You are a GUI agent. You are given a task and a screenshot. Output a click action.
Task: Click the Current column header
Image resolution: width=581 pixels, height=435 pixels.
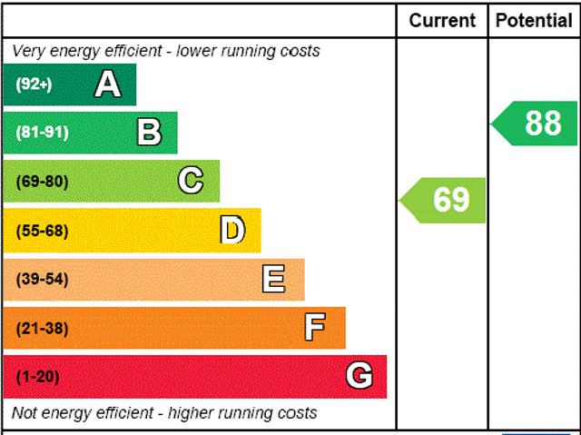coord(442,20)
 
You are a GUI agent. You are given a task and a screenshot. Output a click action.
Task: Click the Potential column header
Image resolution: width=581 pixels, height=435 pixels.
coord(534,20)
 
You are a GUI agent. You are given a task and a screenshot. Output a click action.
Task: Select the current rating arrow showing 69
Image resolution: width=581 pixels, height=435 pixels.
coord(445,200)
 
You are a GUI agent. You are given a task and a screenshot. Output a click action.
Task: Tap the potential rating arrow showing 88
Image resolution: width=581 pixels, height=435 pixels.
coord(537,123)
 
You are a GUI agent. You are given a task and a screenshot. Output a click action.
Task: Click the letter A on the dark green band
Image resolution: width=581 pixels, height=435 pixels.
coord(107,84)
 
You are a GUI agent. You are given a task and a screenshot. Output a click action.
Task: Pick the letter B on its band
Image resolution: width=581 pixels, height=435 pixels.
coord(149,133)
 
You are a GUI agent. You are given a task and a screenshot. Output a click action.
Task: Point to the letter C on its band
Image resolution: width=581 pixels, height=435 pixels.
coord(191,181)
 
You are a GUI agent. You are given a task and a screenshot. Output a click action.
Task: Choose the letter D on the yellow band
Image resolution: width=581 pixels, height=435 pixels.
coord(232,231)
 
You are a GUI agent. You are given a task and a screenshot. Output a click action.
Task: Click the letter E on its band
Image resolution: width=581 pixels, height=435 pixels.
coord(273,279)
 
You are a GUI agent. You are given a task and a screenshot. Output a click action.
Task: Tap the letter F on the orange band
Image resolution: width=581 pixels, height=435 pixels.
coord(315,327)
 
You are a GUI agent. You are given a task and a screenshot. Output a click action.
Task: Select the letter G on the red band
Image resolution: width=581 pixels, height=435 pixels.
coord(359,376)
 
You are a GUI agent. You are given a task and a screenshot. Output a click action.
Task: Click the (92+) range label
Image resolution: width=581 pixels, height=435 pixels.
coord(34,84)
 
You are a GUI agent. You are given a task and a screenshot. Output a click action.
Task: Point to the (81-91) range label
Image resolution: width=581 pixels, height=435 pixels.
coord(42,133)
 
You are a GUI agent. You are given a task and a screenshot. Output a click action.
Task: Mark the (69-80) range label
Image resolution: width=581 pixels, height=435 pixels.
coord(42,181)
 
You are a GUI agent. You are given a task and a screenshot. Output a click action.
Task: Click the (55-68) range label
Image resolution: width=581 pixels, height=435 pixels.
coord(42,231)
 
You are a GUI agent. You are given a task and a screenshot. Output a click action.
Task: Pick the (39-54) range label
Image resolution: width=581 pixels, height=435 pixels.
coord(42,279)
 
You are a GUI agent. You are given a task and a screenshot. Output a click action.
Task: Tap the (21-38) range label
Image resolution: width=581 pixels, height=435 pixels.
coord(42,328)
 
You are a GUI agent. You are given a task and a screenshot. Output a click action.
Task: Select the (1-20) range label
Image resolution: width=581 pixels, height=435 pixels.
coord(37,376)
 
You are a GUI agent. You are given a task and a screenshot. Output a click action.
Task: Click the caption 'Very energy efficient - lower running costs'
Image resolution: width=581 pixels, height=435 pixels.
coord(166,51)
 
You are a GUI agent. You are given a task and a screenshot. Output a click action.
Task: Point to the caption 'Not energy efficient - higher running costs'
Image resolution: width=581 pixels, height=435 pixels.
coord(164,413)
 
